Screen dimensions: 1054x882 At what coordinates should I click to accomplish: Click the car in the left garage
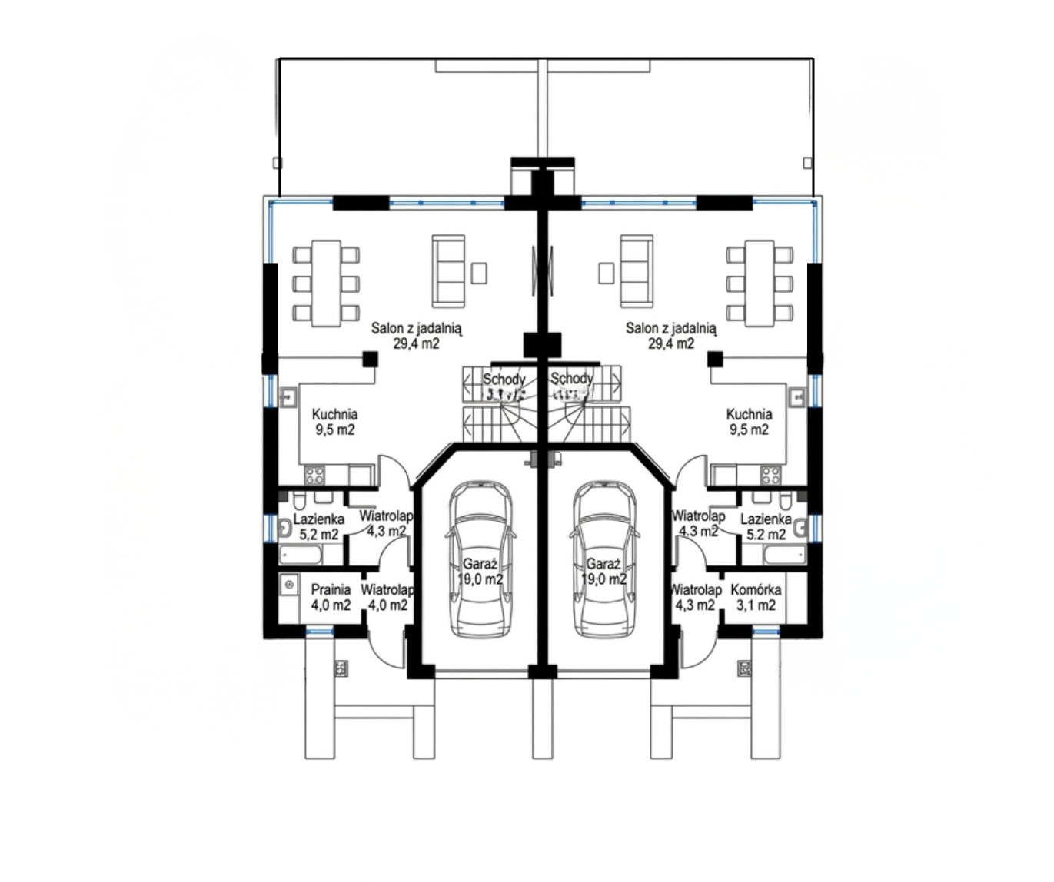pyautogui.click(x=480, y=559)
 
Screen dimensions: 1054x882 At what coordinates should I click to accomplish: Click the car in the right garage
pyautogui.click(x=605, y=559)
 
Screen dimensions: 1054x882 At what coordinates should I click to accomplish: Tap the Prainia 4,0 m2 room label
pyautogui.click(x=331, y=597)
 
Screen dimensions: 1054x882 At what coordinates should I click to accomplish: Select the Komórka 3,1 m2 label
pyautogui.click(x=756, y=597)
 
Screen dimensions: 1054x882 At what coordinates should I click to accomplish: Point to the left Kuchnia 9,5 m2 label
pyautogui.click(x=334, y=422)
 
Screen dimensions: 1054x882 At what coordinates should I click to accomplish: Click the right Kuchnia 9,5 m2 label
pyautogui.click(x=749, y=422)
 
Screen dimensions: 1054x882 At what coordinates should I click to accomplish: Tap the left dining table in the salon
pyautogui.click(x=326, y=283)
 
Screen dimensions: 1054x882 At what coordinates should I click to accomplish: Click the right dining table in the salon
pyautogui.click(x=760, y=283)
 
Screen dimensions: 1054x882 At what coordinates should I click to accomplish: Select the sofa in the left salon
pyautogui.click(x=448, y=271)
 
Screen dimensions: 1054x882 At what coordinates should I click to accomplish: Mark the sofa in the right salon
pyautogui.click(x=637, y=271)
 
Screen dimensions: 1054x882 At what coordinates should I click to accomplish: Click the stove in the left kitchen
pyautogui.click(x=314, y=476)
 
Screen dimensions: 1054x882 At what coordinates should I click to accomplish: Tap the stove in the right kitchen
pyautogui.click(x=771, y=476)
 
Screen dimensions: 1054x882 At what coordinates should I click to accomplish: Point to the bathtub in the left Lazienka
pyautogui.click(x=300, y=555)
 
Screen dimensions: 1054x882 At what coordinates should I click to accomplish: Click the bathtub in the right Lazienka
pyautogui.click(x=786, y=555)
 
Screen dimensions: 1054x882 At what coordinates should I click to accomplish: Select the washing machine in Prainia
pyautogui.click(x=289, y=585)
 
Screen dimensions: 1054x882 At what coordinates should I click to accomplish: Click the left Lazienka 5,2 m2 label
pyautogui.click(x=318, y=526)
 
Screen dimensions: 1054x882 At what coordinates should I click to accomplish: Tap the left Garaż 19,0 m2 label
pyautogui.click(x=480, y=571)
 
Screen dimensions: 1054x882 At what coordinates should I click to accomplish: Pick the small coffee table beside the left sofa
pyautogui.click(x=479, y=273)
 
